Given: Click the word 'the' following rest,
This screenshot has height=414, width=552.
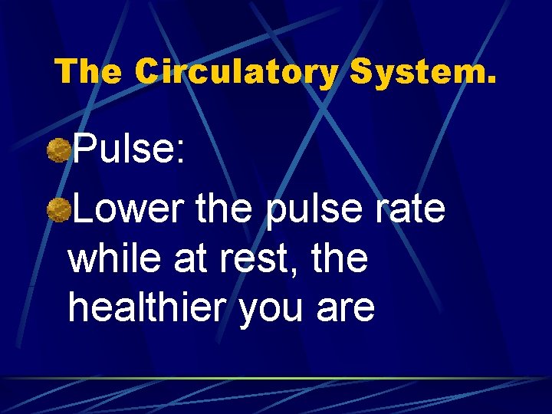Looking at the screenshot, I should click(x=338, y=259).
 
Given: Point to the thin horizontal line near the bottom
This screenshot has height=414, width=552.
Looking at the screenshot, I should click(x=276, y=379).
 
